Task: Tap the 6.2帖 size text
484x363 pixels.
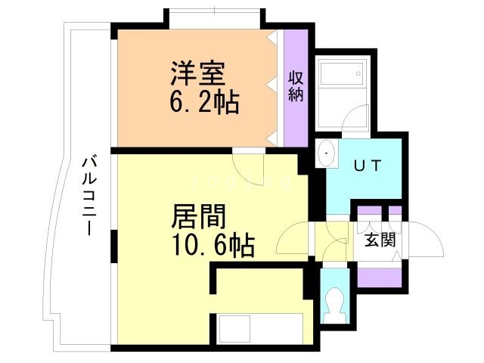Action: coord(203,102)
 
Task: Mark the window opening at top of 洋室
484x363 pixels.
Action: coord(215,17)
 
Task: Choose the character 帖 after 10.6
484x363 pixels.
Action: coord(242,245)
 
